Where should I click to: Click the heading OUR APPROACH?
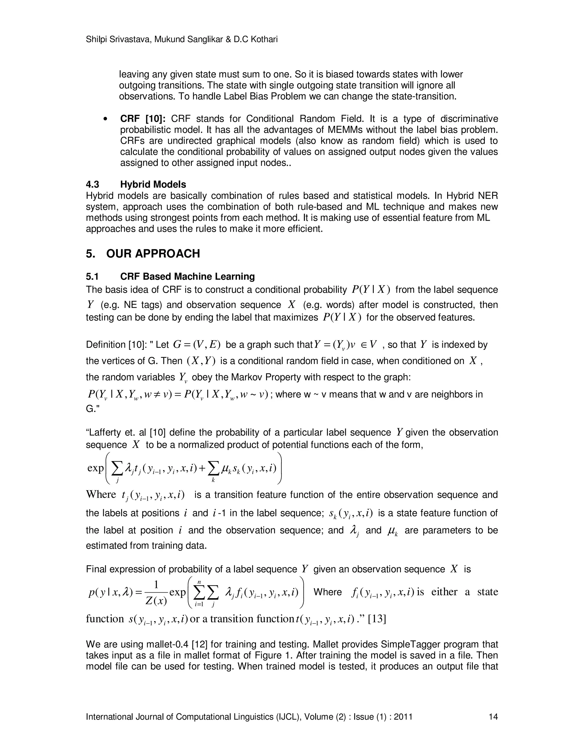(153, 254)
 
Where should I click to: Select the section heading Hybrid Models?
(153, 185)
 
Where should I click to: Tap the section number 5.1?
(92, 276)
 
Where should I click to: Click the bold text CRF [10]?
(143, 119)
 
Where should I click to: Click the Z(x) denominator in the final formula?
(156, 601)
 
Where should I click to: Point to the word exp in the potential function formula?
(96, 468)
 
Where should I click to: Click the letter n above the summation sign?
(199, 582)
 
